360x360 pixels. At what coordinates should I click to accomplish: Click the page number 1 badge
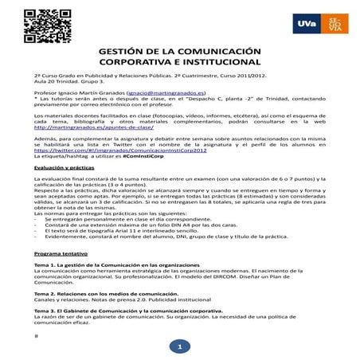click(180, 347)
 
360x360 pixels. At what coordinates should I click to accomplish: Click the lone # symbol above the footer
click(37, 335)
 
